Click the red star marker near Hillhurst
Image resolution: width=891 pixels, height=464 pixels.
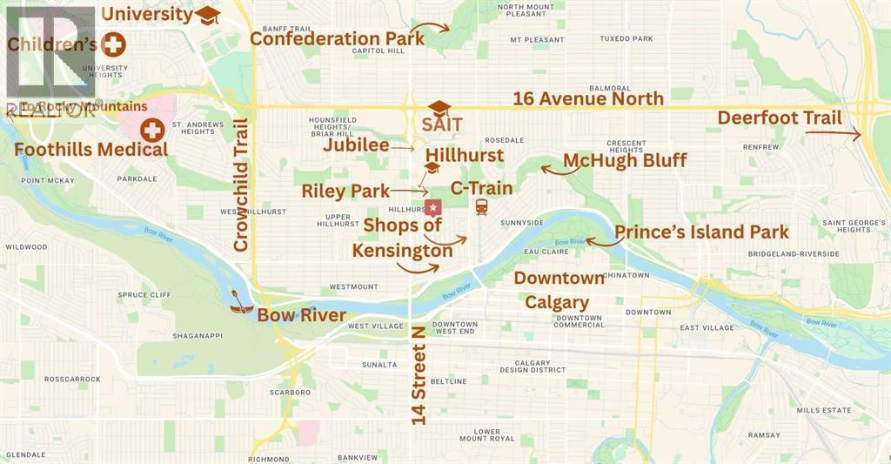[432, 207]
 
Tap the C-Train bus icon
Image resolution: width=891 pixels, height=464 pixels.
[480, 207]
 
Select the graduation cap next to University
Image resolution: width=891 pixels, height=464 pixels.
[207, 15]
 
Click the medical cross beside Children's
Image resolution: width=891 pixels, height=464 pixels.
[112, 44]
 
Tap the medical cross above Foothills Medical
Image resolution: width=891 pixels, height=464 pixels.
[153, 130]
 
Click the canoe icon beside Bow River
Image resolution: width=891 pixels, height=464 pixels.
[241, 303]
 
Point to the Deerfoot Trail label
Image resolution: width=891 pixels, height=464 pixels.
[779, 118]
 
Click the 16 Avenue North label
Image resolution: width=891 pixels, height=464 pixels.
[588, 98]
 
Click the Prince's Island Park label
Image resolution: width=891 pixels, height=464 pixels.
[701, 232]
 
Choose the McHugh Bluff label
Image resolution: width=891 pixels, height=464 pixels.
[625, 160]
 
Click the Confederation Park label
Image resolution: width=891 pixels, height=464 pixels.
[338, 38]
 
